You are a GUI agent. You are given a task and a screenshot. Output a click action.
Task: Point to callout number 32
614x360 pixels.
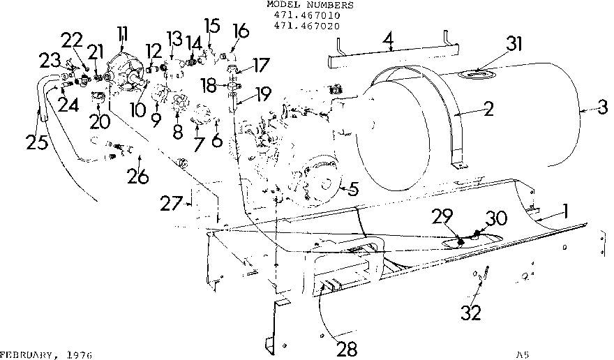[471, 312]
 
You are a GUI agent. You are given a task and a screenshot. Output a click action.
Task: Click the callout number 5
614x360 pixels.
[354, 188]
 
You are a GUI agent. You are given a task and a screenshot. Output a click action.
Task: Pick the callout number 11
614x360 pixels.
[123, 33]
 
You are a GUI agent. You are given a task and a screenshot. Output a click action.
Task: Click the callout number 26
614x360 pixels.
[137, 177]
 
